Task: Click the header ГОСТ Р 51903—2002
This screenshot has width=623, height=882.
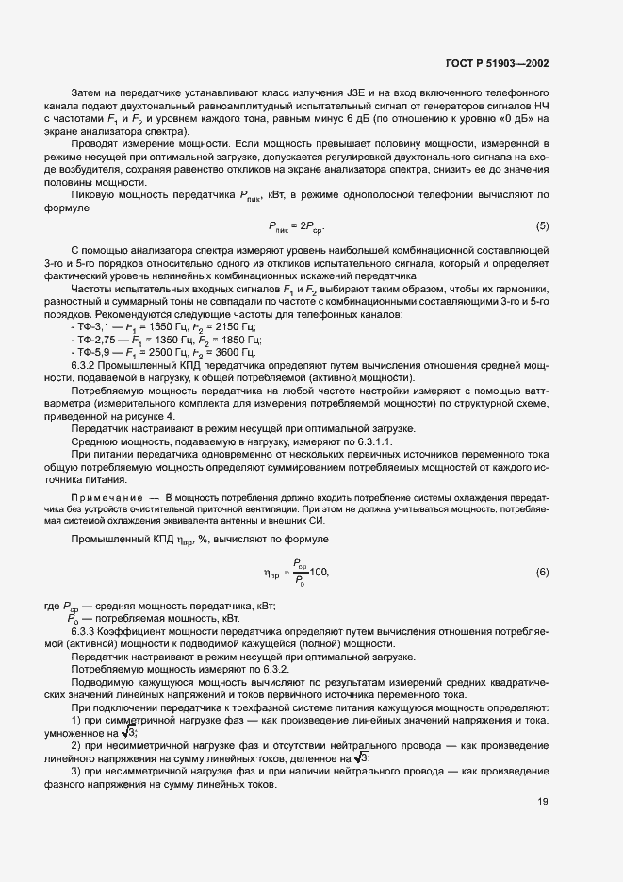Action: (498, 63)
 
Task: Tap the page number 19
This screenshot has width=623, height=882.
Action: (543, 802)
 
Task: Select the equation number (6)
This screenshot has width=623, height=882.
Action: (542, 573)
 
